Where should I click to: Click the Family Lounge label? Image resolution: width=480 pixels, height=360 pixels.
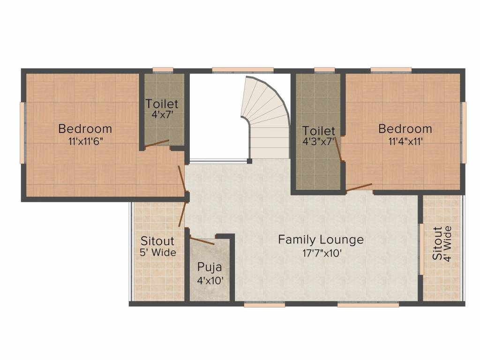click(x=321, y=240)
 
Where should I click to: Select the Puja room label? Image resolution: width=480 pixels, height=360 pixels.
click(x=209, y=268)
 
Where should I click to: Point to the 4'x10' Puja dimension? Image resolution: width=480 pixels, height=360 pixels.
click(x=210, y=281)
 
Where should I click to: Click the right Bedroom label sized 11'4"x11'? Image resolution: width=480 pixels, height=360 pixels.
click(x=405, y=128)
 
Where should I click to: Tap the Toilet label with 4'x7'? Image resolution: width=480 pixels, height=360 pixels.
click(x=162, y=104)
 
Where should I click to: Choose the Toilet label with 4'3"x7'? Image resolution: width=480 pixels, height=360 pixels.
click(x=319, y=130)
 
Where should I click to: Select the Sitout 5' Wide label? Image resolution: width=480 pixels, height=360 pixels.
click(x=157, y=241)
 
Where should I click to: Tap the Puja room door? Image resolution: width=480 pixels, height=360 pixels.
click(x=202, y=241)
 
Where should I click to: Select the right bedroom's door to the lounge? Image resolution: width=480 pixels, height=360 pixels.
click(x=359, y=187)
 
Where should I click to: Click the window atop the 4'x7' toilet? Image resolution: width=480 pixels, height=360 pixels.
click(x=163, y=70)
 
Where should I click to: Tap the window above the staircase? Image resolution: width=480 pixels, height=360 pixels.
click(x=242, y=70)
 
